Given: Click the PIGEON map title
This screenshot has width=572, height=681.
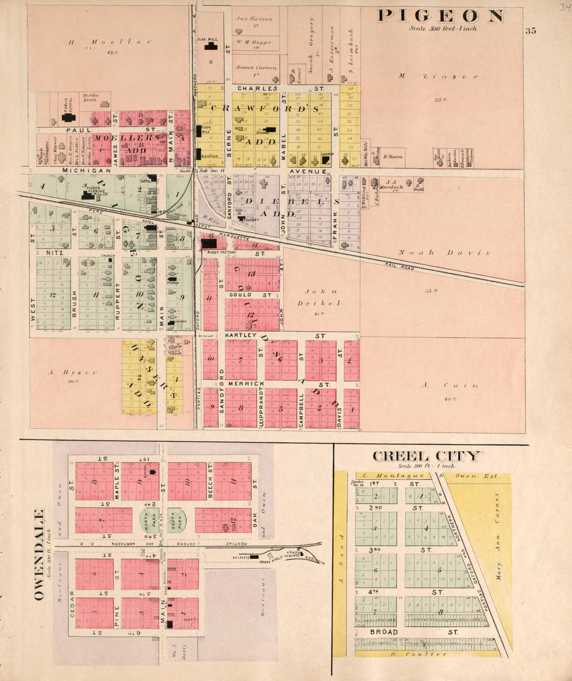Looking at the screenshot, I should (441, 16).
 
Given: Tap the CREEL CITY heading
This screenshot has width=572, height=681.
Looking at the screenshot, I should (426, 456).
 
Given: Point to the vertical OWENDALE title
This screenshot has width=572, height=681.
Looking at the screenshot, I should (39, 555).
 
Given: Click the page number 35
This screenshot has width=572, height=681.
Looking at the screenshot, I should (530, 31).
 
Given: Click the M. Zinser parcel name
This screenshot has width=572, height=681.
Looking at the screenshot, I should (438, 76).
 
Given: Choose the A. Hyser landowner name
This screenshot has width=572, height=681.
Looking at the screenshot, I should (72, 372).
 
